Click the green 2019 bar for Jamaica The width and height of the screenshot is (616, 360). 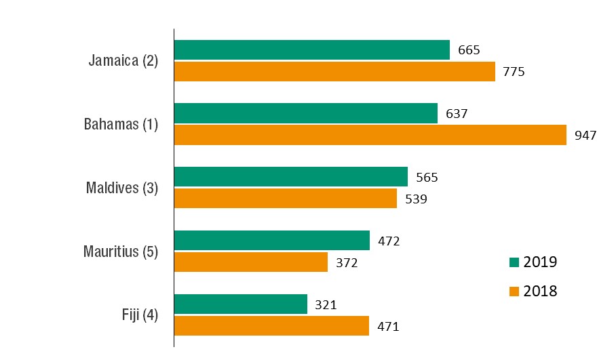pos(311,50)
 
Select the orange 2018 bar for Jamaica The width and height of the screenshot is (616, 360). pos(334,71)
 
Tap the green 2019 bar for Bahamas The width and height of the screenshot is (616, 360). pos(305,113)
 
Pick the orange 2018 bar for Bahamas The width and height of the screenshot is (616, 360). pos(370,134)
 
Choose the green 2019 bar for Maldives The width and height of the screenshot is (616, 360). pos(290,177)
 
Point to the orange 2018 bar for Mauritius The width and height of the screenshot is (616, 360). pos(250,262)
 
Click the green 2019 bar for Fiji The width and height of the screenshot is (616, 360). pos(240,304)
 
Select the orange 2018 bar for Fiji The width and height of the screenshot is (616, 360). pos(271,325)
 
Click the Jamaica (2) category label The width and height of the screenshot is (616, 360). pos(123,60)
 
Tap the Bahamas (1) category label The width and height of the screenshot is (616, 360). pos(121,124)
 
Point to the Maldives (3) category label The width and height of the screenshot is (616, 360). pos(122,188)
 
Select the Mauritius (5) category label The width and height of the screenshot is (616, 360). pos(121,252)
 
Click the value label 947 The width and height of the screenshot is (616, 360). pos(585,135)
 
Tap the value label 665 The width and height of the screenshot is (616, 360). pos(468,50)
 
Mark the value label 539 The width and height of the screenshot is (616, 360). pos(415,199)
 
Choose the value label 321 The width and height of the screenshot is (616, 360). pos(326,305)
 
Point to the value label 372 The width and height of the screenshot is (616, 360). pos(346,262)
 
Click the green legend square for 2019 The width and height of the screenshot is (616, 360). pos(514,262)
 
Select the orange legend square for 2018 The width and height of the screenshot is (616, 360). pos(514,292)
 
